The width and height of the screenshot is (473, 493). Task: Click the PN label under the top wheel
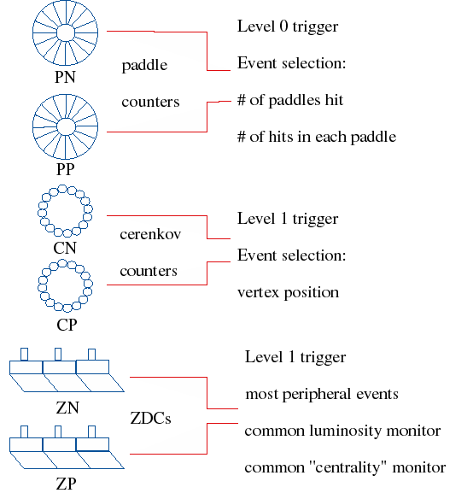pos(65,77)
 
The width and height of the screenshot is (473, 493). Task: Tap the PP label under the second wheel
pos(66,169)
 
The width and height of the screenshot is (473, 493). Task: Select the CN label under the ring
pos(65,248)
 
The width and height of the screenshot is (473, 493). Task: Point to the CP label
pos(67,325)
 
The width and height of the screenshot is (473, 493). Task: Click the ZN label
pos(67,408)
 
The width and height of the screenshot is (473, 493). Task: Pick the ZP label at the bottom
pos(66,484)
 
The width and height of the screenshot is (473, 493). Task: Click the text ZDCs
pos(150,419)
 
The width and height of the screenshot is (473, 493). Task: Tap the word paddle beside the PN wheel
pos(144,66)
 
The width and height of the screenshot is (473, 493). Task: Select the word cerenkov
pos(150,234)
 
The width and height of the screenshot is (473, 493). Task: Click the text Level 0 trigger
pos(288,26)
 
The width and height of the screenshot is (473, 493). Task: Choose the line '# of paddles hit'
pos(290,100)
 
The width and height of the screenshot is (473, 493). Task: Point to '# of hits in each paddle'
pos(317,137)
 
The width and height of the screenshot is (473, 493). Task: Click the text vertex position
pos(289,293)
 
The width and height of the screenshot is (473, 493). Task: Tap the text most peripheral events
pos(322,394)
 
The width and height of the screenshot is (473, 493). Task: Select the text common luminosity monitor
pos(342,431)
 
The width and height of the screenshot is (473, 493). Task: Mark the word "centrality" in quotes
pos(348,467)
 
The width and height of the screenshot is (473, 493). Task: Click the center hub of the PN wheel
pos(66,32)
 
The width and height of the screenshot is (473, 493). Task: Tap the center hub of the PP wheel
pos(66,127)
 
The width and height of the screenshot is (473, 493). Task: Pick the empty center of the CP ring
pos(65,286)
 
